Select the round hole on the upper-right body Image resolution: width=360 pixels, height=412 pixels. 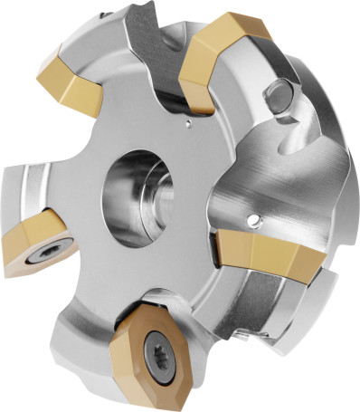pyautogui.click(x=279, y=94)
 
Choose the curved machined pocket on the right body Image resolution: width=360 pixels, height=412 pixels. pyautogui.click(x=289, y=172)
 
